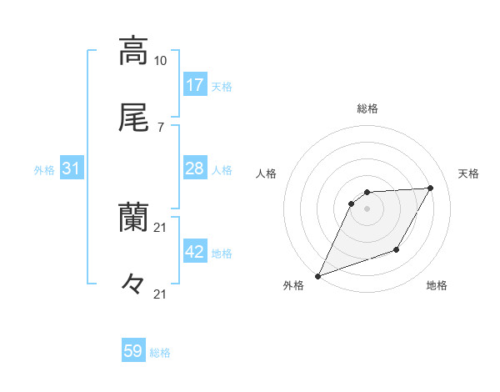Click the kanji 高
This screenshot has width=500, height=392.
[x=133, y=50]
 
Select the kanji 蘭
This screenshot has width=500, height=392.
[x=133, y=218]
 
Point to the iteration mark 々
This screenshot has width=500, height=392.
[x=133, y=284]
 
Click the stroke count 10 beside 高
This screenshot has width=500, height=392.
[x=161, y=61]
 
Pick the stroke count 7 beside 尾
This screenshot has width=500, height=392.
[x=160, y=128]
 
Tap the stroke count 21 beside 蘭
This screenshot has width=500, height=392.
[x=161, y=228]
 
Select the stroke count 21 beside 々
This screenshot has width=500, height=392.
[x=161, y=294]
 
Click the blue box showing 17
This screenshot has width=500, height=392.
[x=195, y=85]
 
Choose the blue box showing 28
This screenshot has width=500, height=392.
[x=195, y=168]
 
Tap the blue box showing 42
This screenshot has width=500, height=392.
[x=195, y=252]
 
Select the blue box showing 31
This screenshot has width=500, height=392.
[x=72, y=168]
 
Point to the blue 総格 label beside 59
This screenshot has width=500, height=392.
[x=161, y=353]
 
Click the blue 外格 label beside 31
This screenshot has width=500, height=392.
[x=44, y=169]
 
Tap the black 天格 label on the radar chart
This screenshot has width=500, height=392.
[x=469, y=173]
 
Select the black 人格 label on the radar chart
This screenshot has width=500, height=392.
[x=267, y=173]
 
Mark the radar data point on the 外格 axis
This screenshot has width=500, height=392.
[x=317, y=275]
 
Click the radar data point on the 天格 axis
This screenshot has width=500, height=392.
[x=431, y=188]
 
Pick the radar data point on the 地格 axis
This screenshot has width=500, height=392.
[x=397, y=249]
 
